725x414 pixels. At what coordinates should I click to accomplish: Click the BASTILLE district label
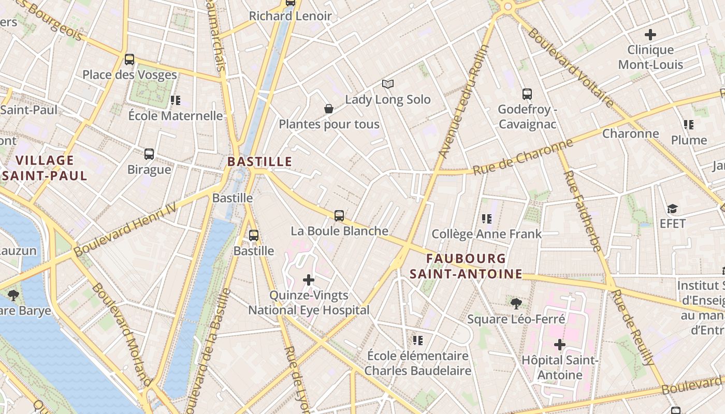(259, 161)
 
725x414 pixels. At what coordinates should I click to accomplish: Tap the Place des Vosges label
(129, 75)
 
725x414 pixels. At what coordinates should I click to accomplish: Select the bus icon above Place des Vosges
(129, 60)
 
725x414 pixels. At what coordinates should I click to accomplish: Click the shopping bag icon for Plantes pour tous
(328, 109)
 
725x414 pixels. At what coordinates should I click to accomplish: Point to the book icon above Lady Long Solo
(388, 84)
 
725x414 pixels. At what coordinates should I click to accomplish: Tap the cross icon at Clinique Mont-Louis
(650, 35)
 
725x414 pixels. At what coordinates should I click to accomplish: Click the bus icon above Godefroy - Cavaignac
(527, 94)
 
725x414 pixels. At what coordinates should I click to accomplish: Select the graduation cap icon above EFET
(672, 209)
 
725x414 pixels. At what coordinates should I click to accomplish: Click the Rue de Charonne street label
(523, 157)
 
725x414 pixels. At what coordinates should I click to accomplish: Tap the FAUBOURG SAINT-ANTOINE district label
(466, 266)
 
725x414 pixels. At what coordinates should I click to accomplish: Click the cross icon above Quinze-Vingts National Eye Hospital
(309, 280)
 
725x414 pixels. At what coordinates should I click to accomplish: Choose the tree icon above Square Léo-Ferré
(516, 304)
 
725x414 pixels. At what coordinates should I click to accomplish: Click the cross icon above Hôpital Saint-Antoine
(559, 344)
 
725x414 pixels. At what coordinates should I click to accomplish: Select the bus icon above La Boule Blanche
(339, 216)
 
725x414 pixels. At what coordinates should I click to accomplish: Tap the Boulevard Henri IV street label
(125, 229)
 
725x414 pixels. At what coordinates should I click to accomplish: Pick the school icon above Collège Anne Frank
(486, 219)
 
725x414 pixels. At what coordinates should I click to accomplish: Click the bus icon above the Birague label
(149, 154)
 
